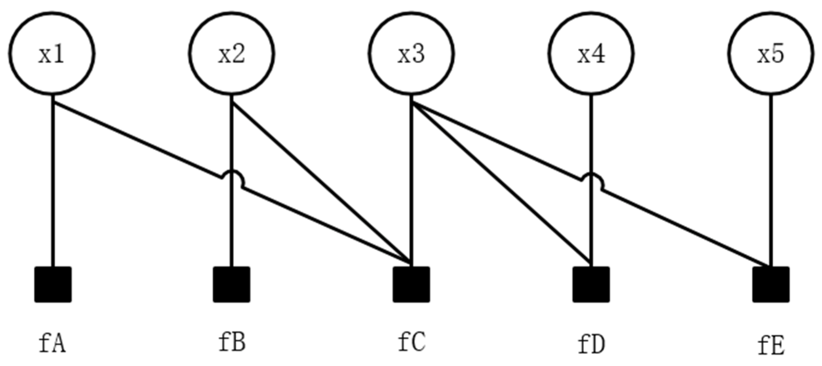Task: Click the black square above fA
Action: click(53, 284)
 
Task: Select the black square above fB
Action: click(231, 284)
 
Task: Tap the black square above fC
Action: click(411, 284)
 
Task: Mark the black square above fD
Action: click(591, 284)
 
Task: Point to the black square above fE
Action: click(771, 284)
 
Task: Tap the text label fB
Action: click(232, 342)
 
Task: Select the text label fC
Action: click(411, 342)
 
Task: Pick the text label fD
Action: click(591, 345)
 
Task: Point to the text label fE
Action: click(771, 346)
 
